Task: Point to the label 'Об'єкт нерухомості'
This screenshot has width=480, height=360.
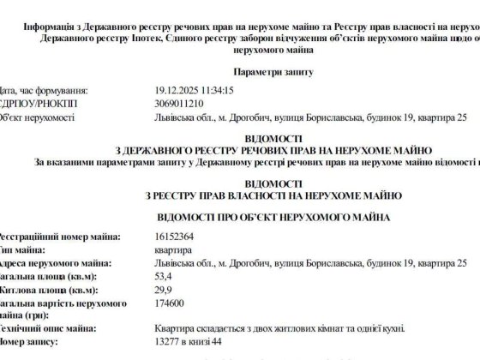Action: [39, 117]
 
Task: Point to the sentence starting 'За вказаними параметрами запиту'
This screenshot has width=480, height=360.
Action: [257, 160]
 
